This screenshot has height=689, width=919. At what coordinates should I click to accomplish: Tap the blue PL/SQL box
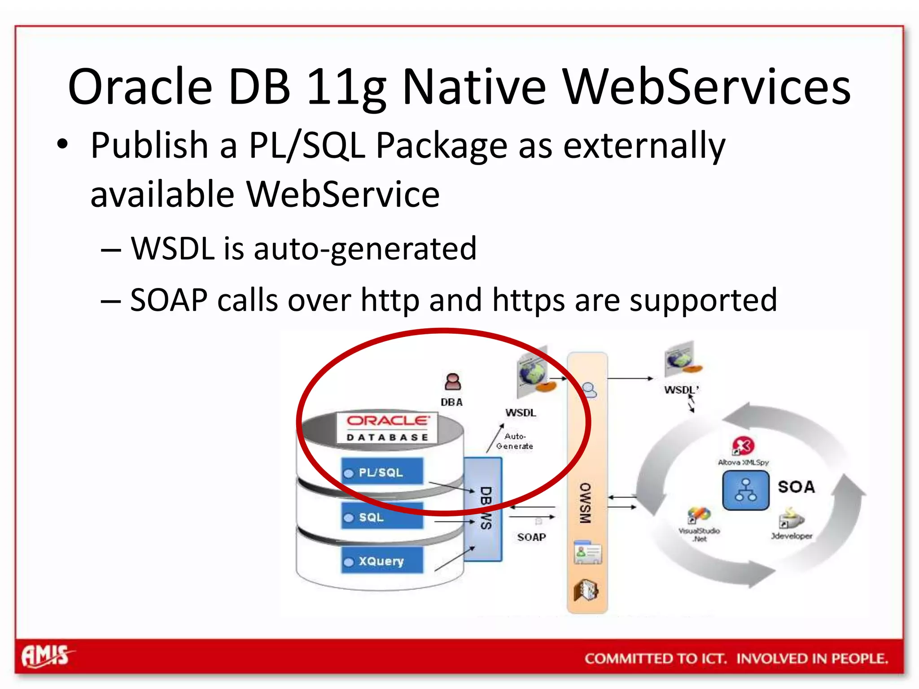click(382, 472)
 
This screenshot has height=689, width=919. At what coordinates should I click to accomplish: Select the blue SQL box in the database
click(382, 517)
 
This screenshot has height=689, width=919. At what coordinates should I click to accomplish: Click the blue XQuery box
click(382, 561)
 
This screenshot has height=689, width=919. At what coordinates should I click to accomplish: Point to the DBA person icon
click(452, 382)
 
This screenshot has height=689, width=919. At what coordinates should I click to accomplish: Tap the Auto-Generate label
click(515, 441)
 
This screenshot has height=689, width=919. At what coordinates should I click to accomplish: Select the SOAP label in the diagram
click(531, 537)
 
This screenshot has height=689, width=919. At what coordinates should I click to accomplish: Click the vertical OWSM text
click(585, 503)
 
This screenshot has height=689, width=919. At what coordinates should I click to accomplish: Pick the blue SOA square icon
click(745, 490)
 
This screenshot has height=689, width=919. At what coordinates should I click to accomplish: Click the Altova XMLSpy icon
click(743, 446)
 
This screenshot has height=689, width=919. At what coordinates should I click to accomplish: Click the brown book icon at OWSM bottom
click(586, 590)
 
